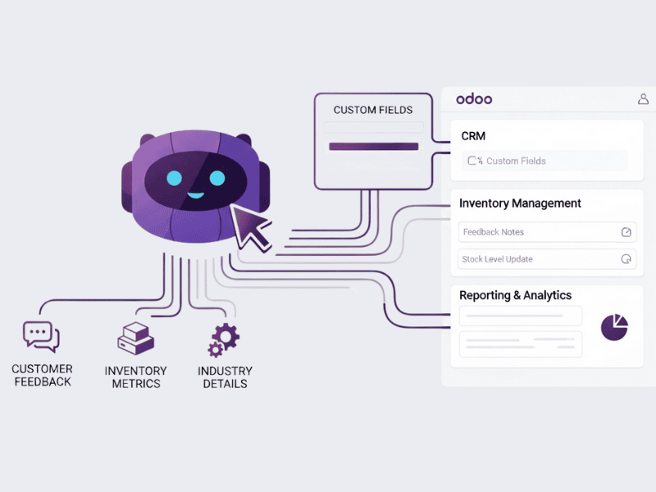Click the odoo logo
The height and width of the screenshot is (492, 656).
pyautogui.click(x=474, y=99)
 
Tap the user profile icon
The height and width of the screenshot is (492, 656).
pyautogui.click(x=643, y=99)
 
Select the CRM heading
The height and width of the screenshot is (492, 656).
pyautogui.click(x=473, y=136)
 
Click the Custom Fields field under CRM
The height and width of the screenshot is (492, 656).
pyautogui.click(x=544, y=161)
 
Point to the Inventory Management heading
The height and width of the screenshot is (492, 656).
pyautogui.click(x=520, y=203)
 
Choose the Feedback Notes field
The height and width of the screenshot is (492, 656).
pyautogui.click(x=547, y=232)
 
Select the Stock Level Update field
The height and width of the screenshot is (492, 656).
pyautogui.click(x=547, y=259)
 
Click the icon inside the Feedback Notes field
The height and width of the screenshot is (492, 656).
pyautogui.click(x=626, y=232)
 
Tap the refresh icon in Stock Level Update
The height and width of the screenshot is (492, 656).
pyautogui.click(x=626, y=259)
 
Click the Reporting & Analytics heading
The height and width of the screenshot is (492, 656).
pyautogui.click(x=516, y=295)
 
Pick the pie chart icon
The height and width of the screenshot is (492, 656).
pyautogui.click(x=614, y=327)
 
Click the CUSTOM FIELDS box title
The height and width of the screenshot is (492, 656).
pyautogui.click(x=373, y=110)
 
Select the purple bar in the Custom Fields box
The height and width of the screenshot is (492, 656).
pyautogui.click(x=374, y=147)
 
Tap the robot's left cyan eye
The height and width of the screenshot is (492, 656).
pyautogui.click(x=175, y=178)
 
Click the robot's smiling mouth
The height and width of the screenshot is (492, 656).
pyautogui.click(x=195, y=195)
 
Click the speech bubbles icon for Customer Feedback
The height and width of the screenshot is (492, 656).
pyautogui.click(x=41, y=337)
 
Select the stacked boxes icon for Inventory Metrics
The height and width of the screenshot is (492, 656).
pyautogui.click(x=136, y=339)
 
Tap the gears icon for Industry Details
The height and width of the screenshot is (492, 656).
pyautogui.click(x=224, y=340)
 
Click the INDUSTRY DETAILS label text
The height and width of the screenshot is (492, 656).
pyautogui.click(x=225, y=377)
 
